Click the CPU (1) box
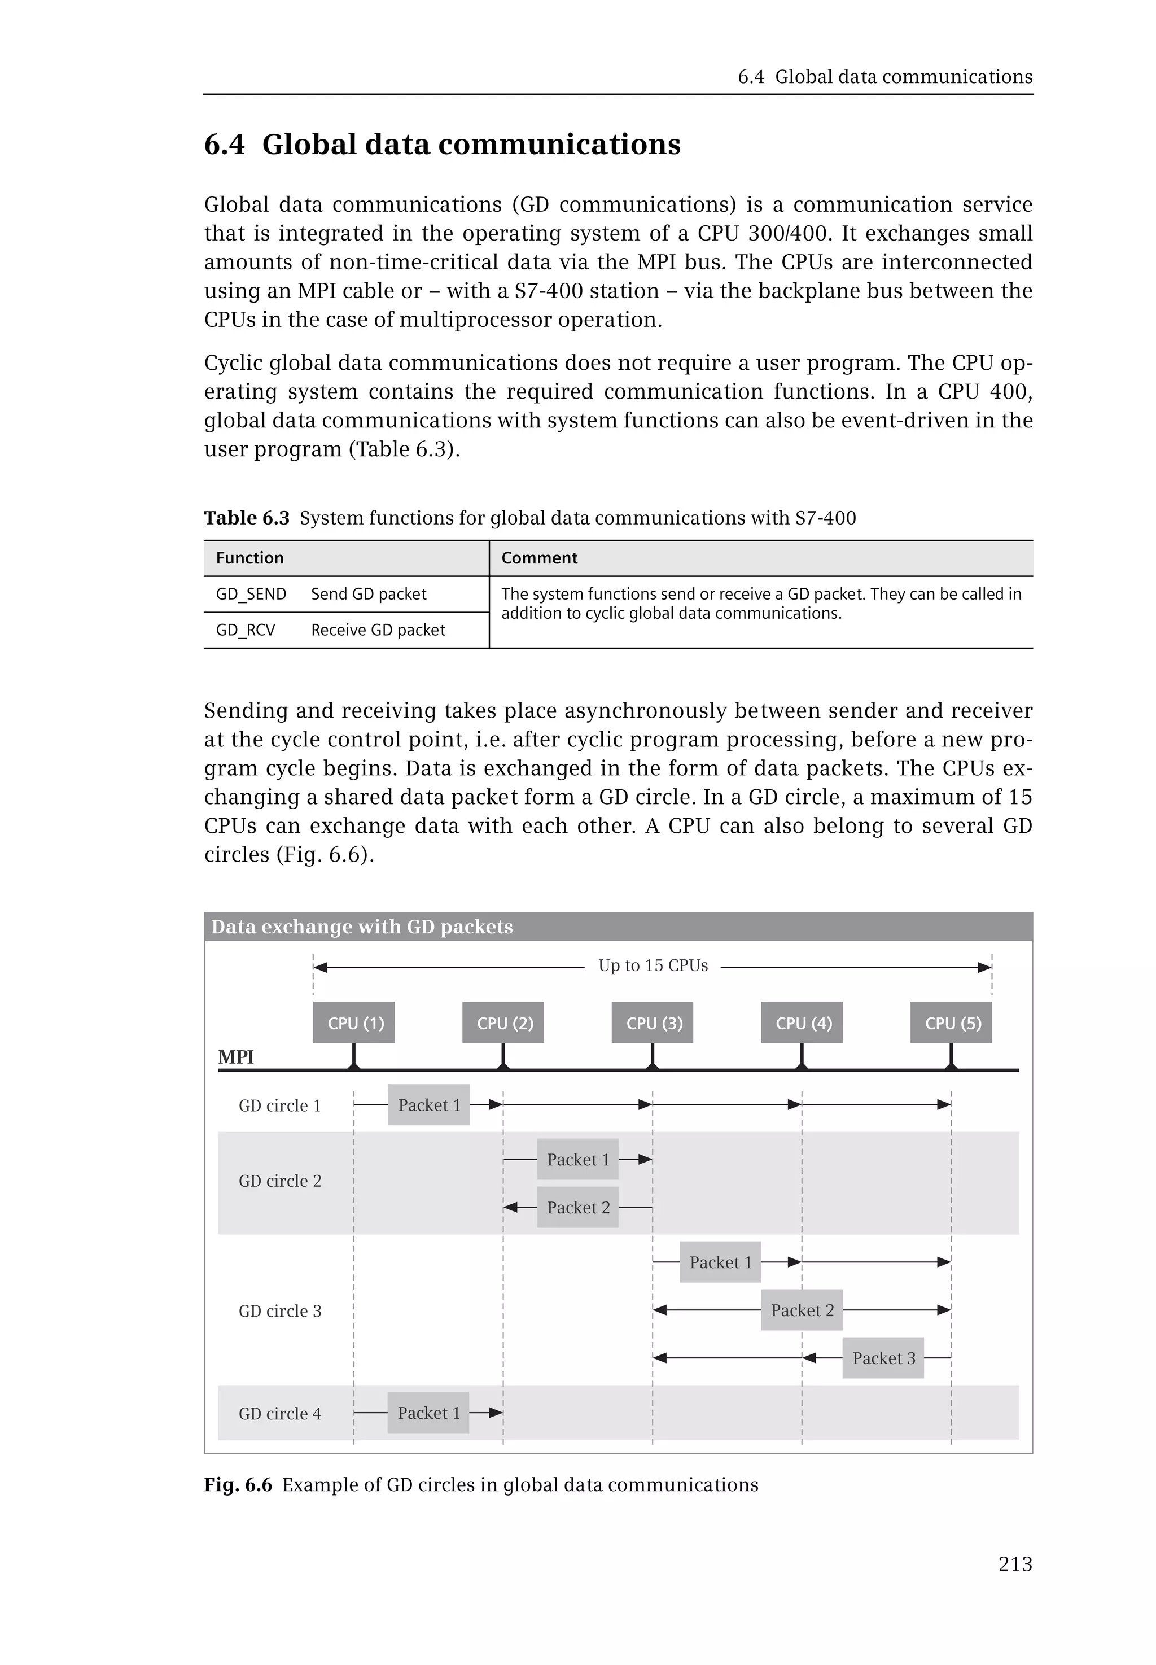(x=353, y=1022)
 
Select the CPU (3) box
(x=652, y=1022)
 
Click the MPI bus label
(x=236, y=1057)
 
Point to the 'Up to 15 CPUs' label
(x=653, y=966)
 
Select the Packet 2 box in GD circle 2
(x=577, y=1207)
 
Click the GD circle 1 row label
(x=279, y=1105)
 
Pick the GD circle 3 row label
(x=279, y=1310)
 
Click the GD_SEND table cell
(x=251, y=594)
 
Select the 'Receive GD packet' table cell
(x=378, y=630)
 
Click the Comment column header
(x=539, y=558)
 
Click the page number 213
(x=1015, y=1565)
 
